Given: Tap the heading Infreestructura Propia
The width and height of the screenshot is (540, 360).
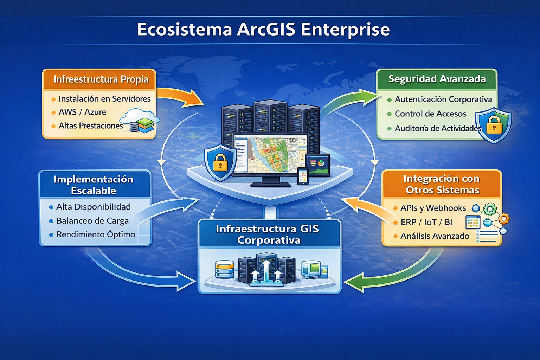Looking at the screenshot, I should pyautogui.click(x=101, y=79).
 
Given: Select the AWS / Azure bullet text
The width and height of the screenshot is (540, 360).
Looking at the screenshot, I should pyautogui.click(x=82, y=112).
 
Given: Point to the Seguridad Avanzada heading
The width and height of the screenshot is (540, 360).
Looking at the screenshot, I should pyautogui.click(x=437, y=79).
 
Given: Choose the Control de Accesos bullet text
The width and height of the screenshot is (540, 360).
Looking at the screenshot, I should pyautogui.click(x=430, y=114).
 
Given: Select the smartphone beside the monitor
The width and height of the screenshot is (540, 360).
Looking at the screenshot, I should pyautogui.click(x=303, y=176).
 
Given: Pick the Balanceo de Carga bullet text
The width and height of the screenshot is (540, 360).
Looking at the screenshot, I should pyautogui.click(x=92, y=221).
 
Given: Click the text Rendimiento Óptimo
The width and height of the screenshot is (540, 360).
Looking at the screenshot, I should pyautogui.click(x=96, y=234).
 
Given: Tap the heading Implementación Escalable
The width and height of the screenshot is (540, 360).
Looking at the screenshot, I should pyautogui.click(x=94, y=185).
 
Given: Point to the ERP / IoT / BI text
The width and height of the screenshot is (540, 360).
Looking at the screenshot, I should pyautogui.click(x=426, y=222).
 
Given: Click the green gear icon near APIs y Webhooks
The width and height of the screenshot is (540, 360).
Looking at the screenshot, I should pyautogui.click(x=490, y=209).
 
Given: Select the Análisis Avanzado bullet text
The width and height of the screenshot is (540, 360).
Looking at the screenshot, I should pyautogui.click(x=435, y=236).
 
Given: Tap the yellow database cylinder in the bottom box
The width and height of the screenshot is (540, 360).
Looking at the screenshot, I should pyautogui.click(x=224, y=269).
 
